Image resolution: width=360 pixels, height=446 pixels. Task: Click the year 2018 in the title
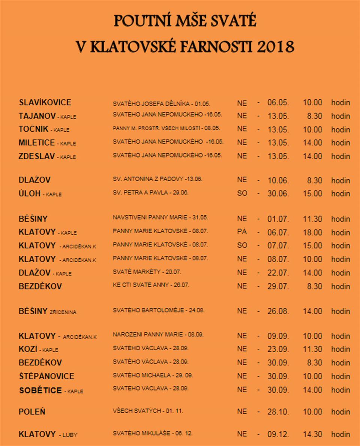(x=276, y=47)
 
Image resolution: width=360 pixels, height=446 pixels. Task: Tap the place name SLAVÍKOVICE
(x=45, y=102)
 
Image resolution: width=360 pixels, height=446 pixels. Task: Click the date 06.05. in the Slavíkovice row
(x=278, y=103)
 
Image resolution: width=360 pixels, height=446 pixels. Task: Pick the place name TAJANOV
(x=37, y=116)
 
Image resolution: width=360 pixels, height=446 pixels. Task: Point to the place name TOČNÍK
(x=34, y=129)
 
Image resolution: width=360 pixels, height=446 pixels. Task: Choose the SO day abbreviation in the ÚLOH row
(x=242, y=194)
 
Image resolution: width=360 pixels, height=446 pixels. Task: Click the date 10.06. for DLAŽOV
(x=278, y=180)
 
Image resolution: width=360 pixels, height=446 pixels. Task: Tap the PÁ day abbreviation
(x=242, y=232)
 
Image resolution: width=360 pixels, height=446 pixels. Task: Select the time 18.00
(x=312, y=233)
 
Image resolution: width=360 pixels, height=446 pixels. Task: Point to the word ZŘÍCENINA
(x=63, y=312)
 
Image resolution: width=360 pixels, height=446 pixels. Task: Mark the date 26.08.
(x=278, y=311)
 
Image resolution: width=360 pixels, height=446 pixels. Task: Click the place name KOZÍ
(x=28, y=349)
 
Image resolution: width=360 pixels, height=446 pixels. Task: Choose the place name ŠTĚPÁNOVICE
(x=46, y=376)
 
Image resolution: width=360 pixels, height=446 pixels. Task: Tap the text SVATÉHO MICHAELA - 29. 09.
(x=153, y=375)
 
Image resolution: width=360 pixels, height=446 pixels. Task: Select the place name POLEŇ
(x=32, y=412)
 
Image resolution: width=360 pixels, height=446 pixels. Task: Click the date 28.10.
(x=278, y=412)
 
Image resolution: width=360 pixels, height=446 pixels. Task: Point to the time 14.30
(x=312, y=434)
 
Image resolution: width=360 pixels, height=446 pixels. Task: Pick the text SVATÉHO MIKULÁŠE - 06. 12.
(x=153, y=433)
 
